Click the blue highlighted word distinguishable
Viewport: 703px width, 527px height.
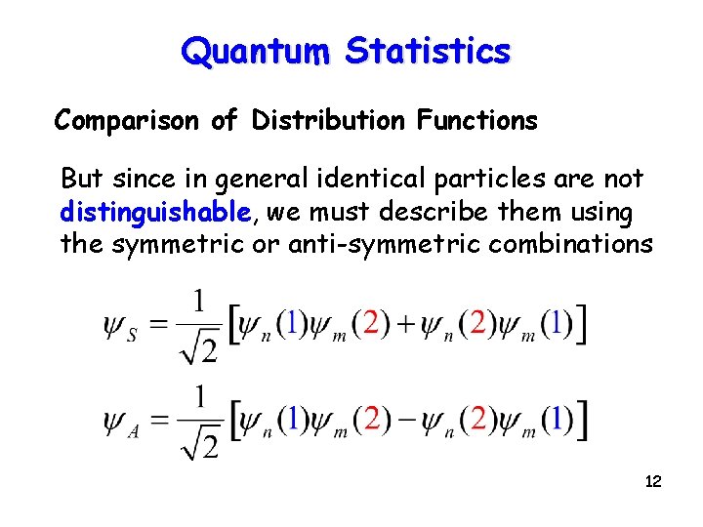click(x=155, y=211)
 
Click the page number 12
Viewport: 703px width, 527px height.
click(x=653, y=481)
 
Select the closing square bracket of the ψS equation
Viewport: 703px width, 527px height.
click(x=582, y=326)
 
